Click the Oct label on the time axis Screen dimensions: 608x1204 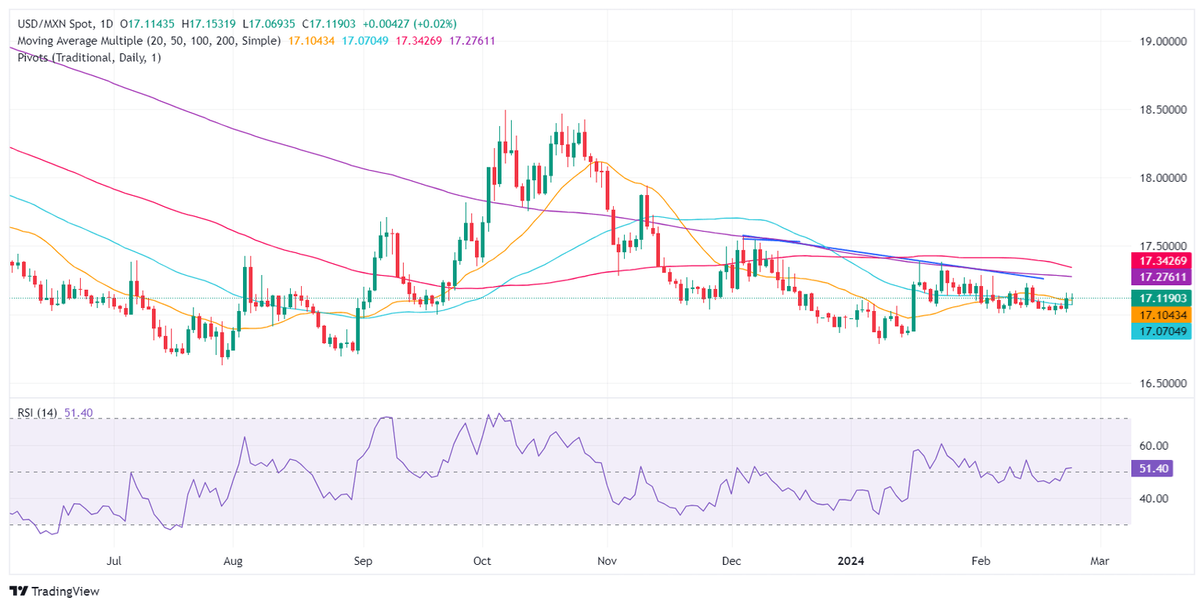click(482, 562)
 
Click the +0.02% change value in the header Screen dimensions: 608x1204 click(430, 24)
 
